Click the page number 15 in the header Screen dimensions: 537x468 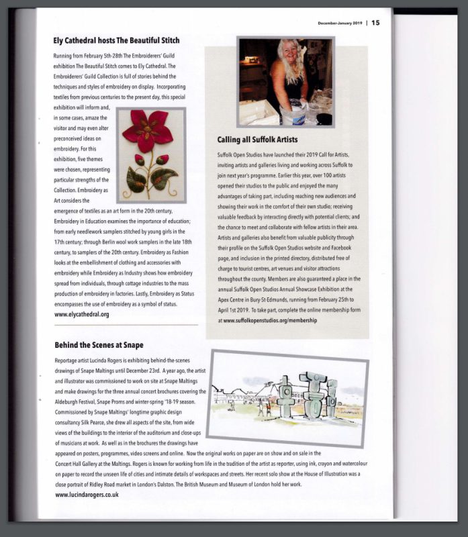[x=375, y=22]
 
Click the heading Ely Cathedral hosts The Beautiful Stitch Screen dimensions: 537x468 [x=116, y=40]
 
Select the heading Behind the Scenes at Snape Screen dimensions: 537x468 [x=99, y=345]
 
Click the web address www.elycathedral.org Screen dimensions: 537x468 [x=82, y=313]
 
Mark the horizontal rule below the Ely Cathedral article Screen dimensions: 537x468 [x=126, y=325]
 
